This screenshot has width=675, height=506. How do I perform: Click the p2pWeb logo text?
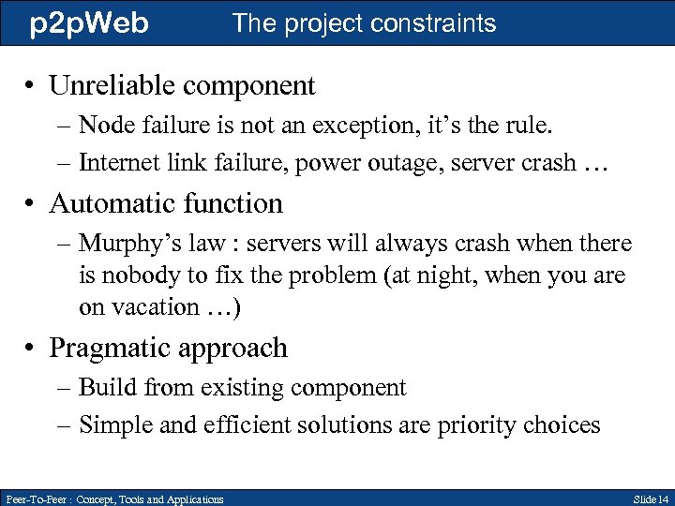click(x=89, y=23)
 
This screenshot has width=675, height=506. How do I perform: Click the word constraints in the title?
click(x=430, y=23)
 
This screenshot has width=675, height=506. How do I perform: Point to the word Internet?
click(x=122, y=163)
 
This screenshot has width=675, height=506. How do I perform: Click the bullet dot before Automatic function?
click(x=33, y=204)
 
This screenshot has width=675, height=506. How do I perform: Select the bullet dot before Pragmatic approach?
click(x=33, y=349)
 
